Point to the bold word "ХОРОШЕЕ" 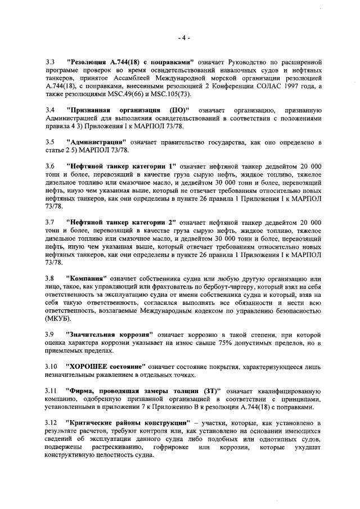pos(90,366)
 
